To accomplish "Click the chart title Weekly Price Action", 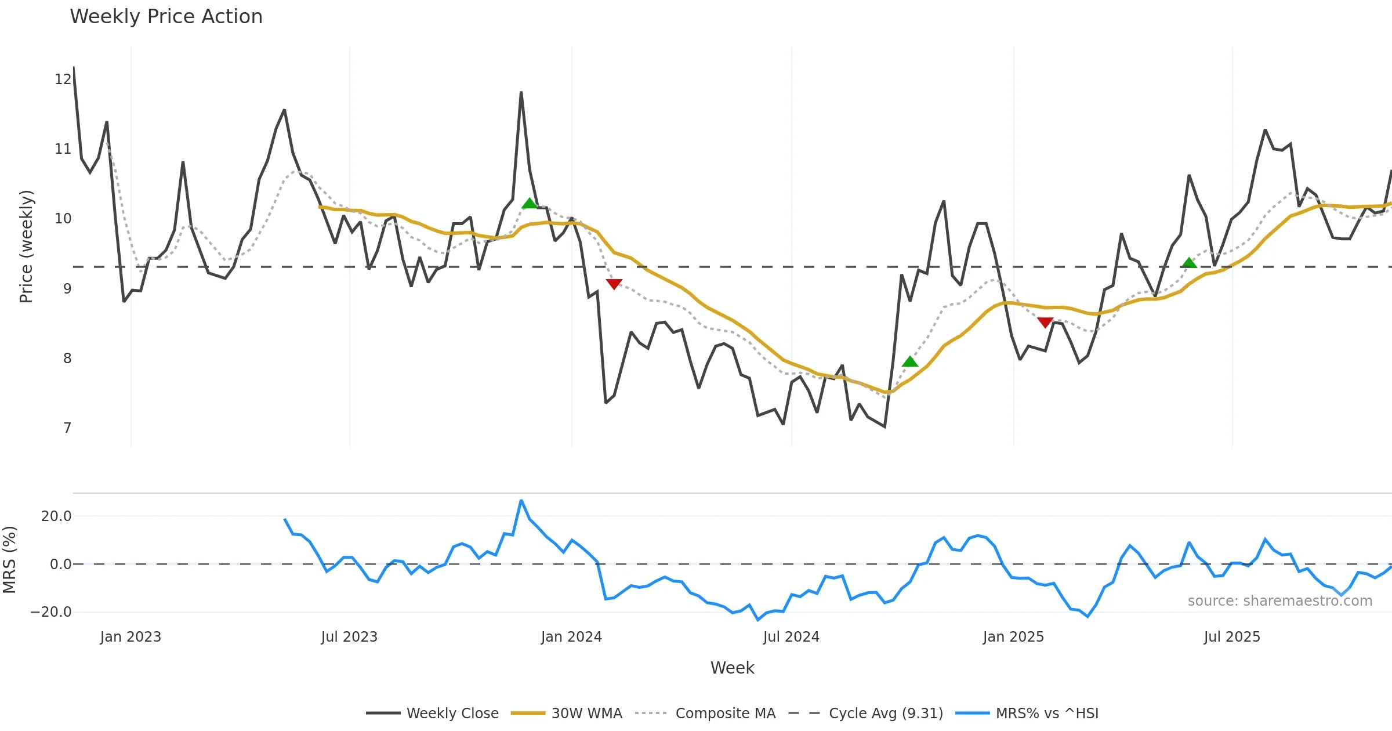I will (166, 17).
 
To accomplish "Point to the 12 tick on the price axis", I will (63, 79).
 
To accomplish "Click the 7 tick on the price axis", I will (67, 428).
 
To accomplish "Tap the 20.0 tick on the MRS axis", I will (56, 516).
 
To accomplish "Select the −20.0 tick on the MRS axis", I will (51, 612).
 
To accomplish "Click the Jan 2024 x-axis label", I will (571, 637).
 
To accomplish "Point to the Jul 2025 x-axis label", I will (1232, 637).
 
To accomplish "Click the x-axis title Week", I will (732, 668).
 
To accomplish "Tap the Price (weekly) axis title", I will (26, 247).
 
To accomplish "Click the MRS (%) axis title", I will (9, 560).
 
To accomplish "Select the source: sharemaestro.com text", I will (1279, 601).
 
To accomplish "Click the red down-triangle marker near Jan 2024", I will (614, 284).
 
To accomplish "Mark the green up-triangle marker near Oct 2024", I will (910, 362).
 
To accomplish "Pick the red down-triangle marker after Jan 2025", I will (1045, 323).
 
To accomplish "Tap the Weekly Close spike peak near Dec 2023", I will (521, 92).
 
